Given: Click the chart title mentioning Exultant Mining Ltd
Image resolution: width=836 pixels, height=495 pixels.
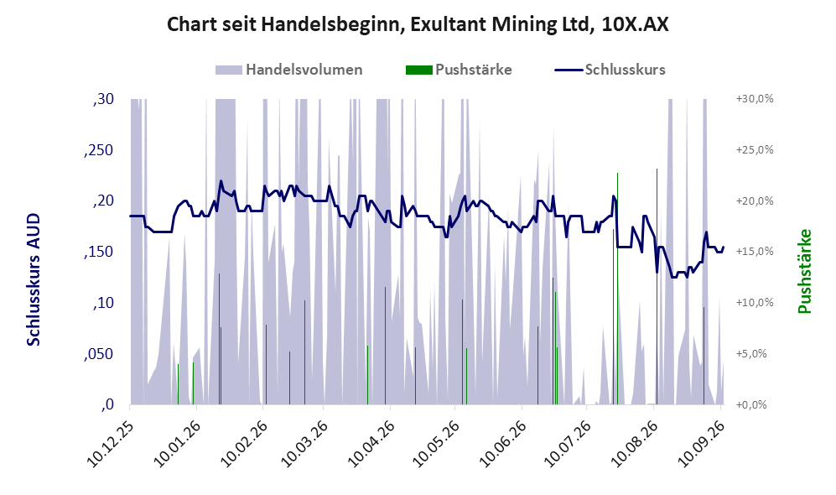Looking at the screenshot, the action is pos(418,24).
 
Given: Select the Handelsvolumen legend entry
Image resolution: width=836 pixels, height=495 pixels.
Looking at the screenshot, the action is pos(289,70).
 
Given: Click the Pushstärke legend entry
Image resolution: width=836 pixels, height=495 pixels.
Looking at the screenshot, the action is pos(459,70).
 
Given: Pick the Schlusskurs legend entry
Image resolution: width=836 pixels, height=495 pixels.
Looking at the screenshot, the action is pos(610,70).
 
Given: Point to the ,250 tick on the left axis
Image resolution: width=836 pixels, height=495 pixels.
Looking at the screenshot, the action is pos(99,150).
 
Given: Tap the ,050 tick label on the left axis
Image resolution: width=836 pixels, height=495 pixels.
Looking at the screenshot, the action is pos(99,354).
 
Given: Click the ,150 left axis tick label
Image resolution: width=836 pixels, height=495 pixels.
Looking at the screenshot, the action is pos(99,253).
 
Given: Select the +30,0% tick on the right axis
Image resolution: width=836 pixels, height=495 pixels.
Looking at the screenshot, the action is pos(755,99).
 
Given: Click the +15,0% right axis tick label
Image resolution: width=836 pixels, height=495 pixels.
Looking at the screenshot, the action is pos(755,252).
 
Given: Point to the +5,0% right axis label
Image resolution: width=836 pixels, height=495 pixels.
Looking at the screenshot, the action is pos(751,354).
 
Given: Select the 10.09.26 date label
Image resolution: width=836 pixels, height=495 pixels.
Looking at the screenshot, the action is pos(700,444).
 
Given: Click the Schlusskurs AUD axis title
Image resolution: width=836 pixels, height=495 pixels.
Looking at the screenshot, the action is pos(33,279).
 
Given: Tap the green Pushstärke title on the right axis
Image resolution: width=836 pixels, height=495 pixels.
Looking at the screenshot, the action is pos(804,272).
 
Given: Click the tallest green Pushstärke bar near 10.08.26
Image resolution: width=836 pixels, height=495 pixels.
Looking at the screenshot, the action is pos(657,286).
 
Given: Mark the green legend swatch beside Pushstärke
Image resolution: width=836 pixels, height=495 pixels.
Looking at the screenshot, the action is pos(419,70).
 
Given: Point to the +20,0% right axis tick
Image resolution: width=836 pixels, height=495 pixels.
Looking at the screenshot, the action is pos(755,201).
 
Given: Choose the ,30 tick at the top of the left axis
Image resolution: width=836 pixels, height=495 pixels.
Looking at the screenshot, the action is pos(103,100).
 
